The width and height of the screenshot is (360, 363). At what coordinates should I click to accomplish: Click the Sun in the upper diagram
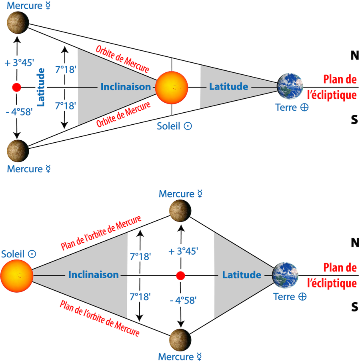[x=172, y=88]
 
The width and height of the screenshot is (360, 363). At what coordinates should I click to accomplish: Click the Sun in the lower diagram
[x=17, y=276]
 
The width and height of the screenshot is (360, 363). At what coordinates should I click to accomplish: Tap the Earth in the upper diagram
[x=290, y=86]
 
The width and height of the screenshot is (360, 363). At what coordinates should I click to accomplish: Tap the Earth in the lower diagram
[x=285, y=275]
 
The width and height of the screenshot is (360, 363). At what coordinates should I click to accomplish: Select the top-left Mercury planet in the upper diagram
[x=18, y=23]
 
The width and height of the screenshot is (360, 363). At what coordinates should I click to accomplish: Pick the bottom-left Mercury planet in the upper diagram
[x=18, y=151]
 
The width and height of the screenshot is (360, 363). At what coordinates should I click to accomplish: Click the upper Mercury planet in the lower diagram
[x=180, y=211]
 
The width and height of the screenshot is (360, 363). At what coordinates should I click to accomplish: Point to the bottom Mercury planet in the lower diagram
[x=180, y=340]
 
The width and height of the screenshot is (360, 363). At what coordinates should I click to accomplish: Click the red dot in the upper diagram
[x=17, y=87]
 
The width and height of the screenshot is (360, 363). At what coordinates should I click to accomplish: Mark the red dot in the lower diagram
[x=180, y=276]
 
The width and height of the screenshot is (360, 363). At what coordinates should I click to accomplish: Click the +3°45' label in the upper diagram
[x=20, y=63]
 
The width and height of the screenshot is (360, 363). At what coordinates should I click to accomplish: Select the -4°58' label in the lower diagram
[x=183, y=301]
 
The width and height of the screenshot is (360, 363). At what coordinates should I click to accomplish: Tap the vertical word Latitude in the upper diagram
[x=41, y=87]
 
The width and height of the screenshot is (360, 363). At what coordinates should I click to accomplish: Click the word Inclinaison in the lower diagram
[x=93, y=275]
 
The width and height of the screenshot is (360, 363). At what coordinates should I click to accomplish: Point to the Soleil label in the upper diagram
[x=174, y=126]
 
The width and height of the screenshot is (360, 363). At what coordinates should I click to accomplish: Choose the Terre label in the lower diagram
[x=290, y=297]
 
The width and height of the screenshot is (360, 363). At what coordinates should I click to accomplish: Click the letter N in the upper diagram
[x=355, y=56]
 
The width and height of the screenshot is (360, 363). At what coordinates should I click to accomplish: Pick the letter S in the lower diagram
[x=355, y=307]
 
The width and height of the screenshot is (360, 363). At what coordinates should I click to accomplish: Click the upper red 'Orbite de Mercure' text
[x=122, y=59]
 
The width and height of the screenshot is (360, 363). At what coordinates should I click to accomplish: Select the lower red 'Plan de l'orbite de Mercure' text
[x=100, y=319]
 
